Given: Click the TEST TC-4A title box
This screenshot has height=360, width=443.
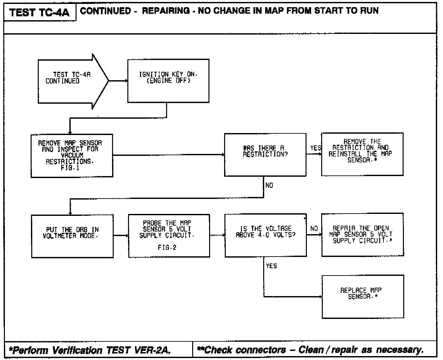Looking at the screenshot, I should click(x=39, y=12).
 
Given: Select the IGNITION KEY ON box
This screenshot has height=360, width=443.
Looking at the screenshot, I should click(x=168, y=81).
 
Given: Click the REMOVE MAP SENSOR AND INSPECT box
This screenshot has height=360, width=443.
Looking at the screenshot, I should click(x=72, y=156).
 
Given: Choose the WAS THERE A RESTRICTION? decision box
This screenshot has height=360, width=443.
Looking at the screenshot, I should click(x=265, y=155).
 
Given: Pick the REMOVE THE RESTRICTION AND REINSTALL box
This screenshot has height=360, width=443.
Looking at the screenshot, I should click(x=362, y=154).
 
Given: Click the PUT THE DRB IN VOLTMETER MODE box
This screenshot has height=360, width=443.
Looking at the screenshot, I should click(x=72, y=236).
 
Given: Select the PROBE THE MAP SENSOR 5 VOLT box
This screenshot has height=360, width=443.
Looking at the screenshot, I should click(x=169, y=236).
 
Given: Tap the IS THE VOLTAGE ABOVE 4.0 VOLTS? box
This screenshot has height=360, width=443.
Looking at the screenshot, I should click(x=265, y=235).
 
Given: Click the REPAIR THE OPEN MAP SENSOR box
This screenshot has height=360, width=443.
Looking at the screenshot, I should click(x=362, y=234).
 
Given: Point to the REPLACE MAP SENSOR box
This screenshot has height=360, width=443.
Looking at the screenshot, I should click(x=363, y=296).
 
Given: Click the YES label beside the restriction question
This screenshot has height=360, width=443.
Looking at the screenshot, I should click(x=315, y=148).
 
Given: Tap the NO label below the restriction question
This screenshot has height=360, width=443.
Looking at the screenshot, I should click(x=269, y=186).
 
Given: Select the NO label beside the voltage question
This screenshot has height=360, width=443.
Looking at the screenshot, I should click(x=314, y=229).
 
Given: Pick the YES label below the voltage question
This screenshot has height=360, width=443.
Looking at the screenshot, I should click(x=271, y=266).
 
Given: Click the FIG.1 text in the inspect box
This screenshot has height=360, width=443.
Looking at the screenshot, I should click(x=70, y=168).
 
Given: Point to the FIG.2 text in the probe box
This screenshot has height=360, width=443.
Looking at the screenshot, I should click(x=167, y=247).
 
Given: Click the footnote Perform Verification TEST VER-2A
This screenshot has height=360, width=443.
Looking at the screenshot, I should click(x=90, y=350).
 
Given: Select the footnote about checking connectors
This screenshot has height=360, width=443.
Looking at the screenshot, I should click(x=310, y=350).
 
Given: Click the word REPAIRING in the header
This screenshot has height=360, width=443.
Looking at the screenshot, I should click(x=166, y=11).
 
